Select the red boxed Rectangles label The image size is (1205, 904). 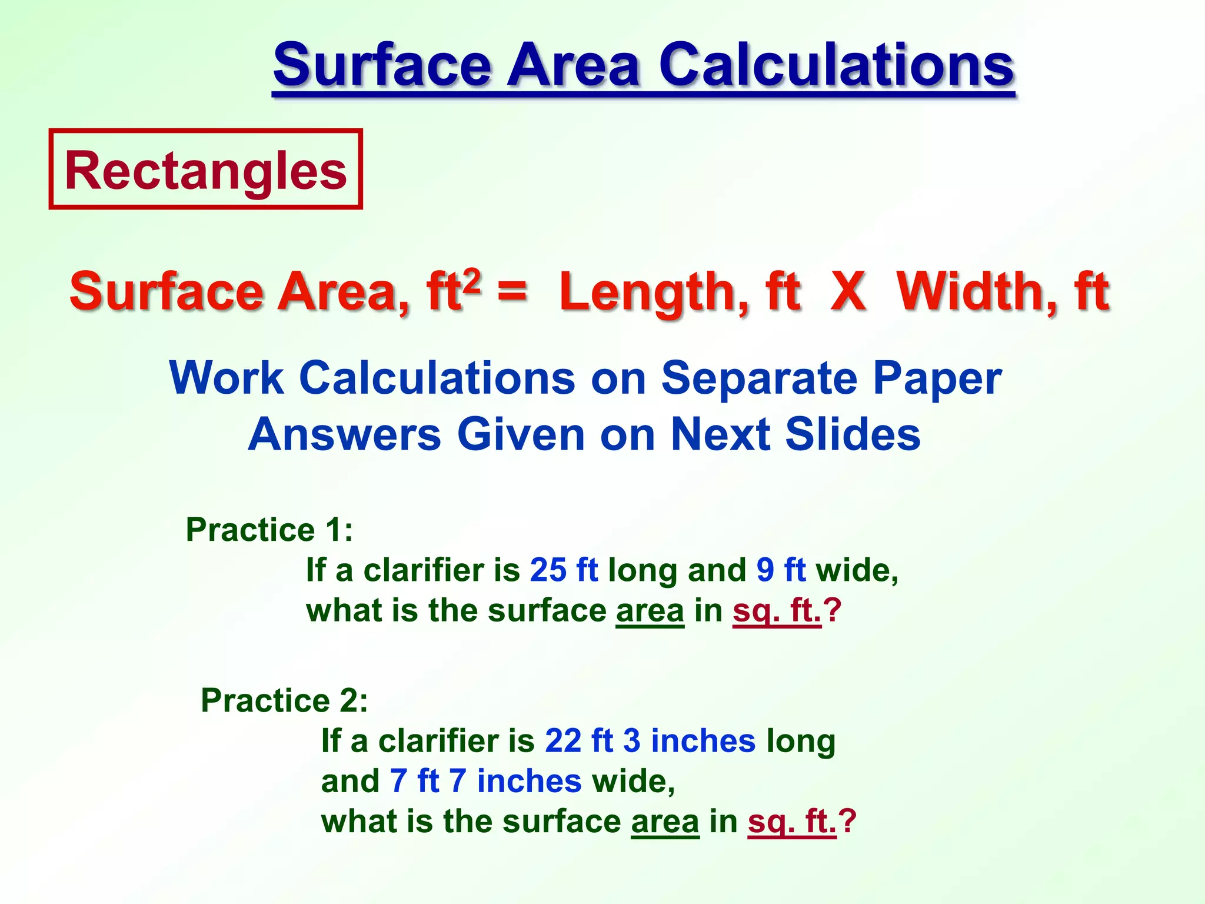[x=205, y=169]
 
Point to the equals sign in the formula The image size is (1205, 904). [x=512, y=291]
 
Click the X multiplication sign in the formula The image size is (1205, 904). [x=848, y=291]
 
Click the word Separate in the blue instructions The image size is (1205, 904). [x=759, y=378]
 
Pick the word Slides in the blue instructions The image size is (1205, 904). [x=853, y=434]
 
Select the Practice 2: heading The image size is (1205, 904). [x=284, y=700]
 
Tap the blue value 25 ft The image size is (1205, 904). [x=564, y=570]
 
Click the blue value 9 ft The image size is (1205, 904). [x=781, y=570]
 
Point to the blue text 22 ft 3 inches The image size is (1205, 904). [x=650, y=740]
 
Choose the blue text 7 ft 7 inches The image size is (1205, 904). [x=485, y=781]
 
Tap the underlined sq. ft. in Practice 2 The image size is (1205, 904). [x=792, y=822]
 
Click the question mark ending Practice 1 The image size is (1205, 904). [x=833, y=611]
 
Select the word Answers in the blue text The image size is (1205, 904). [x=344, y=434]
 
